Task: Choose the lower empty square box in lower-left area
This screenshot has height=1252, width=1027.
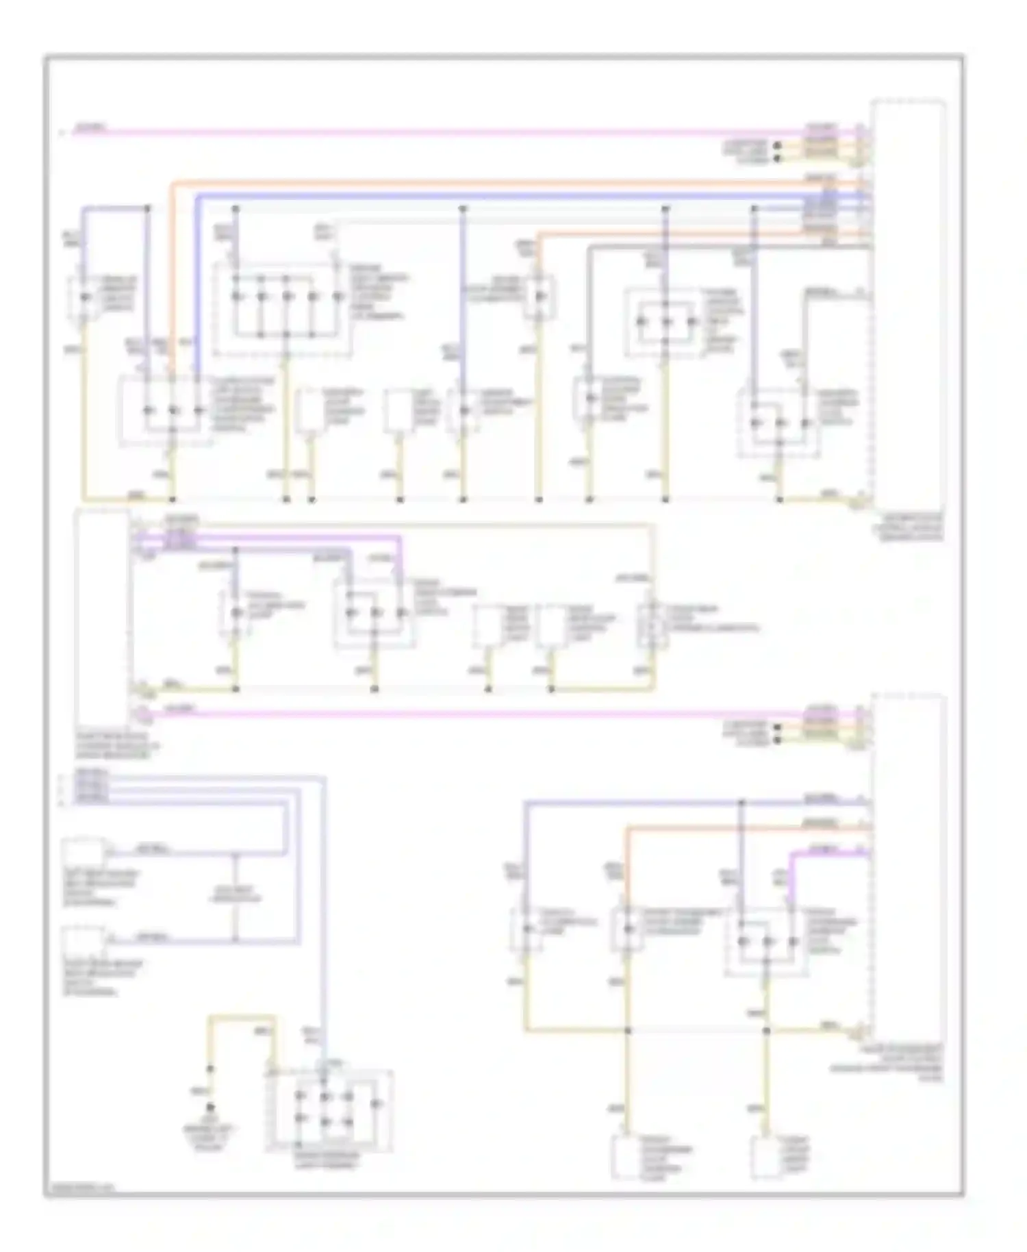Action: click(83, 942)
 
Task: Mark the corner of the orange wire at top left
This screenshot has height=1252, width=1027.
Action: click(173, 184)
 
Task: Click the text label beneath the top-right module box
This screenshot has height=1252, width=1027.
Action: click(907, 527)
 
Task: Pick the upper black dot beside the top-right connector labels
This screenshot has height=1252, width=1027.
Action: click(778, 145)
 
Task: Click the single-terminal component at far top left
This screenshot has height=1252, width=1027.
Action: click(84, 298)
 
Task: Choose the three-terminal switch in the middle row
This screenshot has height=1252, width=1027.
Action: click(374, 612)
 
